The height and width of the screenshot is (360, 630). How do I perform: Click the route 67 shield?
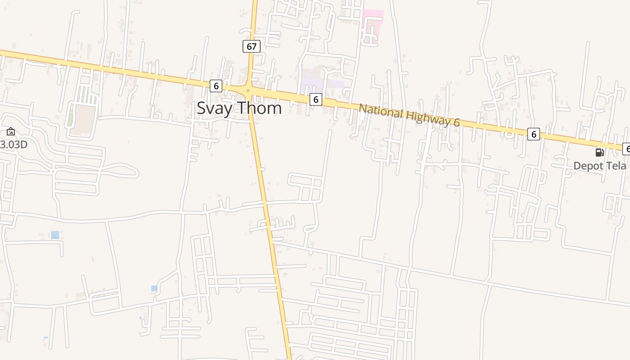pos(252,46)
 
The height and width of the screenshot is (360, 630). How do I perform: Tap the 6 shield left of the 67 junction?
pos(216,86)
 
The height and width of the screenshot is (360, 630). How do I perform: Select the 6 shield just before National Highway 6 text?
pos(316,99)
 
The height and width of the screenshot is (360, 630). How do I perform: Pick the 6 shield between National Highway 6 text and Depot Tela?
pos(533,134)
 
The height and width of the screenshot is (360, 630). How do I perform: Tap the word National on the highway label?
pos(381,111)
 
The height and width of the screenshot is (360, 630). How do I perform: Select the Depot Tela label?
pos(599,166)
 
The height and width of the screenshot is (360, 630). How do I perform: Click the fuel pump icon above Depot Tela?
pos(599,152)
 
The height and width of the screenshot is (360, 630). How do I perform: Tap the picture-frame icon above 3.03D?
pos(11,131)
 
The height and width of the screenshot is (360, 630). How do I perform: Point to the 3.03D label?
pos(13,144)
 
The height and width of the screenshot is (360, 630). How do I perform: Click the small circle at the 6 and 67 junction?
pos(247,90)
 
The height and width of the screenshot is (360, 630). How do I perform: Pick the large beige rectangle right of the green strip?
pos(85,119)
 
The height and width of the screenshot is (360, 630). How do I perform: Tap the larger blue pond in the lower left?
pos(55,234)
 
